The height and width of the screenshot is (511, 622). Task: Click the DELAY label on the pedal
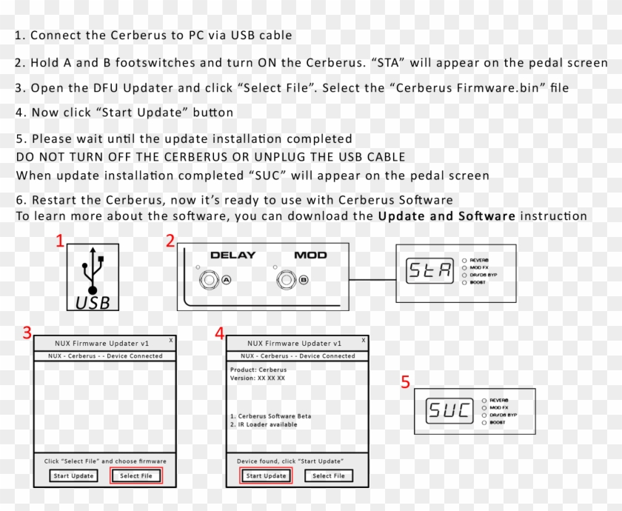pos(233,255)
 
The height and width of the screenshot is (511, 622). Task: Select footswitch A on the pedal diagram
pos(210,279)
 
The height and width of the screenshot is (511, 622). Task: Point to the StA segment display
pos(429,272)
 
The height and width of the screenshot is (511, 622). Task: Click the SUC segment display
pos(449,410)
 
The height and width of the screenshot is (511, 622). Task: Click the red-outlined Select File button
pos(136,475)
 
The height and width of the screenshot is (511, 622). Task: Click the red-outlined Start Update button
pos(266,475)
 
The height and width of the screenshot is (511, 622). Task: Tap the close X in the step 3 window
pos(171,340)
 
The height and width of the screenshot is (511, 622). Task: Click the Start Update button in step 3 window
pos(73,475)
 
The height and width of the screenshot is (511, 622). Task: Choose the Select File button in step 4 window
pos(328,475)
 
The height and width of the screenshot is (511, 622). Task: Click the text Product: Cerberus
pos(258,370)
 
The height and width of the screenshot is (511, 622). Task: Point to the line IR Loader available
pos(264,425)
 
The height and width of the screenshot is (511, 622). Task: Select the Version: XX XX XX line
pos(258,378)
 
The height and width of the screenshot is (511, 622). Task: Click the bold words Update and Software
pos(447,216)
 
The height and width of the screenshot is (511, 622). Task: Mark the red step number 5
pos(405,382)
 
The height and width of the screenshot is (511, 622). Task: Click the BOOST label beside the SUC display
pos(498,422)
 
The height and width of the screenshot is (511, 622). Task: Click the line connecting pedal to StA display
pos(372,280)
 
